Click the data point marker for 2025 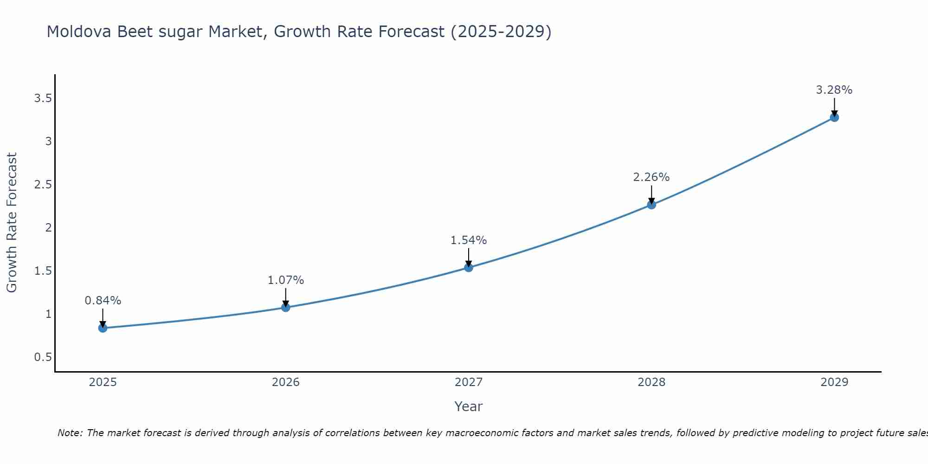pos(103,328)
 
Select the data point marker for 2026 pos(285,307)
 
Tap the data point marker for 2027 pos(468,267)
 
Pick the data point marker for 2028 pos(651,205)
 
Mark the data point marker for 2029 pos(834,117)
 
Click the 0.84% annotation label pos(103,301)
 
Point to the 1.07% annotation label pos(285,280)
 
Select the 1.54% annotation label pos(468,240)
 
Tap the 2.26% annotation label pos(651,177)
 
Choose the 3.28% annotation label pos(834,90)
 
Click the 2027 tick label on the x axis pos(468,382)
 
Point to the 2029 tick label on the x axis pos(834,382)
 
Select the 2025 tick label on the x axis pos(103,382)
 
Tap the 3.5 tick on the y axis pos(43,98)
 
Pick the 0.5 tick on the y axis pos(43,357)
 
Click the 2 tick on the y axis pos(48,228)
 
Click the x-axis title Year pos(468,406)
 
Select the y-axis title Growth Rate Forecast pos(12,223)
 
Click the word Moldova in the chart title pos(79,32)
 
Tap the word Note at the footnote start pos(70,433)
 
